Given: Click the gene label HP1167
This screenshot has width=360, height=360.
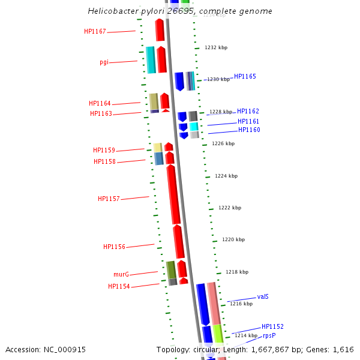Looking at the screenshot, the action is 95,31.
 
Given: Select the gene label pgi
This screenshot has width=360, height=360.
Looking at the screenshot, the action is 104,62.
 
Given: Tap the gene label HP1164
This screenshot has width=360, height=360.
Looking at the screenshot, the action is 100,103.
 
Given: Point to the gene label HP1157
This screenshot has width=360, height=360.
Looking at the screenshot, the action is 109,199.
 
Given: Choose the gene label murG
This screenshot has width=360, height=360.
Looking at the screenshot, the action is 121,274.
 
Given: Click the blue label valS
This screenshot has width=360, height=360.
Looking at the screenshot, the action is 263,296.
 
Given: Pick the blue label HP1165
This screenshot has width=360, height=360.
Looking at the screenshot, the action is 245,77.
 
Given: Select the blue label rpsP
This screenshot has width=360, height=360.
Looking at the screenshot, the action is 269,336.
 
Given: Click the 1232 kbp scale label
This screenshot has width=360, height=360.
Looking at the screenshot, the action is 216,47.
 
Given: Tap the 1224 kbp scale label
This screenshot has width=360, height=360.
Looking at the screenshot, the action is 226,176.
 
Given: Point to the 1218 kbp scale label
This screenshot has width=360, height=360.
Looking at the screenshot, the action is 236,272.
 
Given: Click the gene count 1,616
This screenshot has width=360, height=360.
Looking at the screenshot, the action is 343,349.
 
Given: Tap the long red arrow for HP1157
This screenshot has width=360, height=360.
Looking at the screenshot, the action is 173,195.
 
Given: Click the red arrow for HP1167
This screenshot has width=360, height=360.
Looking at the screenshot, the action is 160,29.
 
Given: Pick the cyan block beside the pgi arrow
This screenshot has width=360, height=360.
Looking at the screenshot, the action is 151,60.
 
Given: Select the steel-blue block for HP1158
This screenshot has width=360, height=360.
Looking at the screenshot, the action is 158,158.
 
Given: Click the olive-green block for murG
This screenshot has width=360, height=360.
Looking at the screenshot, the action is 171,269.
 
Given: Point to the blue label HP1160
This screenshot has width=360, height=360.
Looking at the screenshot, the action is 249,130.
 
